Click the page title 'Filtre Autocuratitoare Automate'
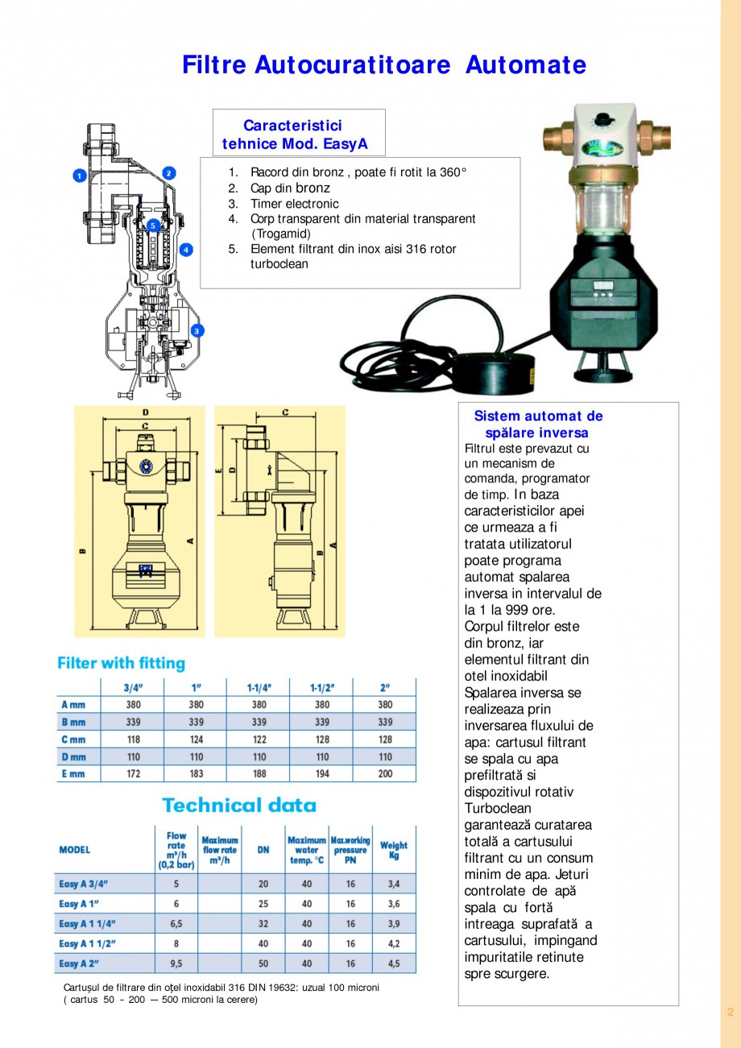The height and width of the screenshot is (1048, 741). pyautogui.click(x=383, y=65)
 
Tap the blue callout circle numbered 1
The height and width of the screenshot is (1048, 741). pyautogui.click(x=80, y=175)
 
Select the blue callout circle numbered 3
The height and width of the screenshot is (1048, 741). pyautogui.click(x=197, y=330)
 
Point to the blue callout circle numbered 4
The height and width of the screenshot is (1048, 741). pyautogui.click(x=186, y=250)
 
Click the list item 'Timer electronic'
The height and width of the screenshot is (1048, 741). pyautogui.click(x=294, y=204)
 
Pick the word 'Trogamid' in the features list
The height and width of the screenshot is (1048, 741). pyautogui.click(x=281, y=234)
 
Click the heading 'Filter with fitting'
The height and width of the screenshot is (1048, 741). pyautogui.click(x=121, y=664)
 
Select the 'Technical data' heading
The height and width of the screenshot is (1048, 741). pyautogui.click(x=239, y=805)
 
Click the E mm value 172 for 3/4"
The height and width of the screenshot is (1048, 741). pyautogui.click(x=133, y=773)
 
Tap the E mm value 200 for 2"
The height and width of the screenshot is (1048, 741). pyautogui.click(x=385, y=773)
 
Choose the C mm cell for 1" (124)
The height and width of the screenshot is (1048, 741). pyautogui.click(x=196, y=739)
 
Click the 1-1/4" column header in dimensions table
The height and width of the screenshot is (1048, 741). pyautogui.click(x=259, y=688)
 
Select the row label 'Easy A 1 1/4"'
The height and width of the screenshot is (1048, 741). pyautogui.click(x=88, y=923)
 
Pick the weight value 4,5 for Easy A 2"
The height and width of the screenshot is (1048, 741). pyautogui.click(x=393, y=963)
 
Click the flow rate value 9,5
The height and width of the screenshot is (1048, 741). pyautogui.click(x=176, y=963)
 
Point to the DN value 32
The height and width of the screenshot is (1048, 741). pyautogui.click(x=263, y=923)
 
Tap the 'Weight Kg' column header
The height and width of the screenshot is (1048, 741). pyautogui.click(x=393, y=850)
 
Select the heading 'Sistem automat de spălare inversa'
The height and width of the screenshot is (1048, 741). pyautogui.click(x=538, y=425)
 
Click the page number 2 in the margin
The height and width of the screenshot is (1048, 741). pyautogui.click(x=730, y=1012)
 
